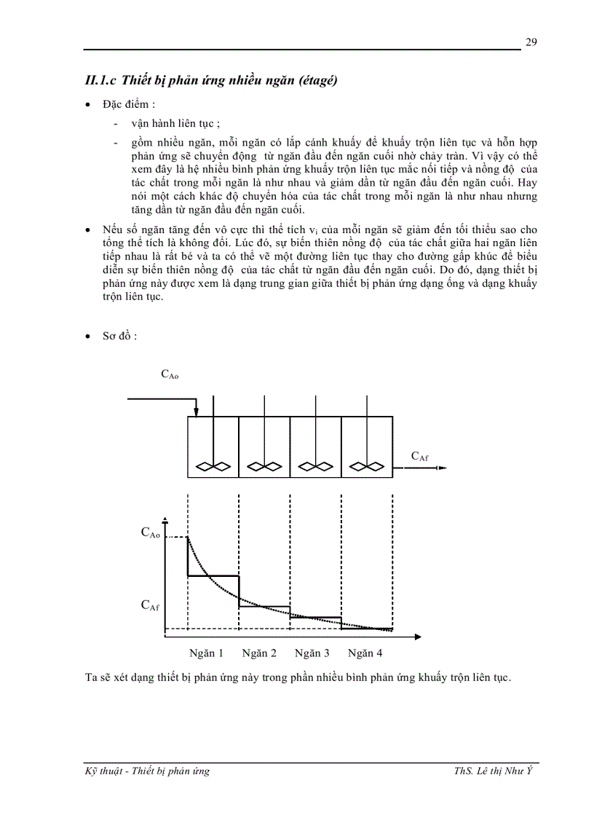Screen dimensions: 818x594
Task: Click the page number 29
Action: [x=531, y=42]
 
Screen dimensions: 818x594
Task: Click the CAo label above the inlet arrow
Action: [x=170, y=375]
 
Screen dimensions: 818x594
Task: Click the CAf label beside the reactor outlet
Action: [x=419, y=457]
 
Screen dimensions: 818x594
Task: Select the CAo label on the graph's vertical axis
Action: [x=150, y=533]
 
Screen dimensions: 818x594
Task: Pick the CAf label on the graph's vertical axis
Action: [x=150, y=605]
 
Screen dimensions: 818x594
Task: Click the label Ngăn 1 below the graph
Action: [x=206, y=653]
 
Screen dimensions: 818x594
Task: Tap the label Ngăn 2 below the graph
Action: [x=259, y=653]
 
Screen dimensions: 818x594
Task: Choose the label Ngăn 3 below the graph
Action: [x=312, y=653]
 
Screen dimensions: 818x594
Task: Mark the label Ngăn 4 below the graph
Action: [x=365, y=653]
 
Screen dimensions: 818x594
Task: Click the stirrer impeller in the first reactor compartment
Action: [x=213, y=467]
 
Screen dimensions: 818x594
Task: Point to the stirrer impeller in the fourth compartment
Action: [x=365, y=467]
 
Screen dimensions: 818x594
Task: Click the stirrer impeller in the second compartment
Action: [x=264, y=467]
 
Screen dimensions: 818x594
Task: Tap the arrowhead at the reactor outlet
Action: [x=441, y=468]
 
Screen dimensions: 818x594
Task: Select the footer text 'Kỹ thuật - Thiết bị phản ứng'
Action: [x=147, y=771]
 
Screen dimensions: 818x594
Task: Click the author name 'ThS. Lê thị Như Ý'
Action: [x=495, y=771]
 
